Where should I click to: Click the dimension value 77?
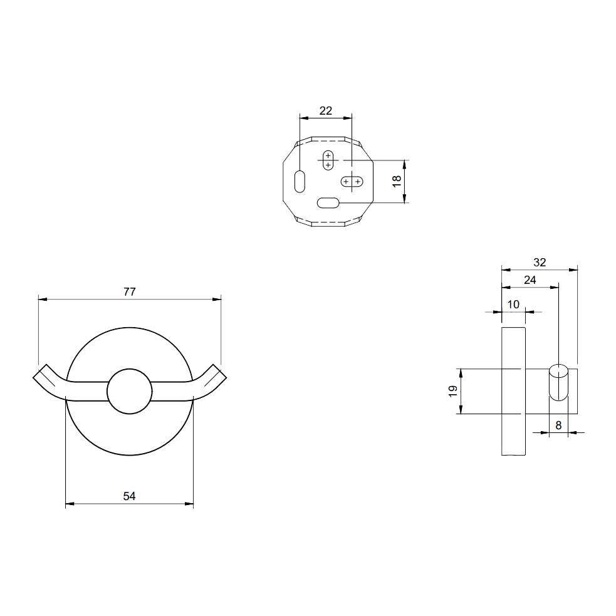coord(130,292)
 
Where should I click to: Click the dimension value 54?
coord(129,496)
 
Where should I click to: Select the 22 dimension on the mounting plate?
coord(326,111)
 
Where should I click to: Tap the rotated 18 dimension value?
coord(397,181)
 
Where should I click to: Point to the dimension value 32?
coord(540,263)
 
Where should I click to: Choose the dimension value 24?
coord(530,280)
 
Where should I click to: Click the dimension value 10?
coord(513,305)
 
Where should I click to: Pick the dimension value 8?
coord(558,425)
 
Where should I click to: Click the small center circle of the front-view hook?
coord(129,391)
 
